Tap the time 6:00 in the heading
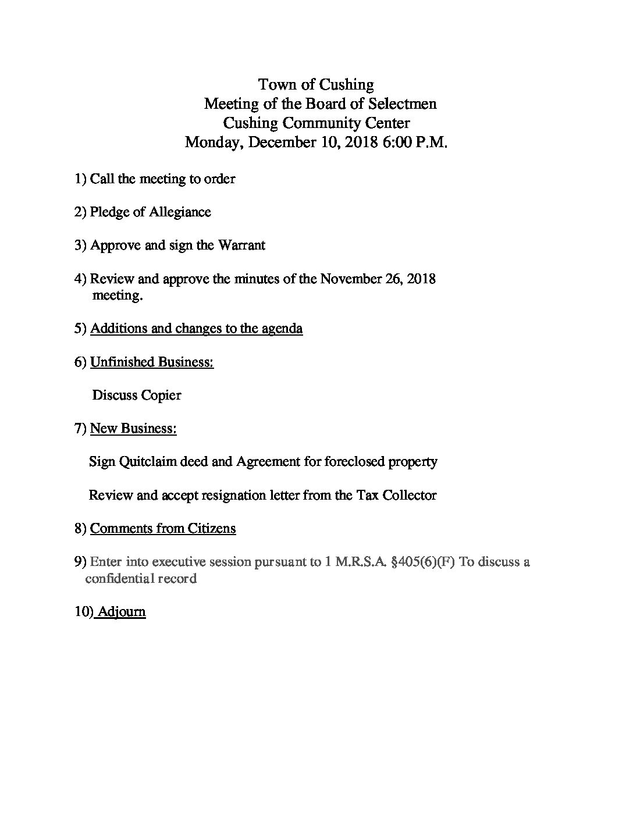pyautogui.click(x=396, y=143)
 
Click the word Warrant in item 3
pyautogui.click(x=241, y=245)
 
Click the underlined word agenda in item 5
pyautogui.click(x=282, y=329)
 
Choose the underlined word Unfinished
pyautogui.click(x=122, y=362)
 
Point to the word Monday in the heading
pyautogui.click(x=214, y=143)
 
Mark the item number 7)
pyautogui.click(x=80, y=429)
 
